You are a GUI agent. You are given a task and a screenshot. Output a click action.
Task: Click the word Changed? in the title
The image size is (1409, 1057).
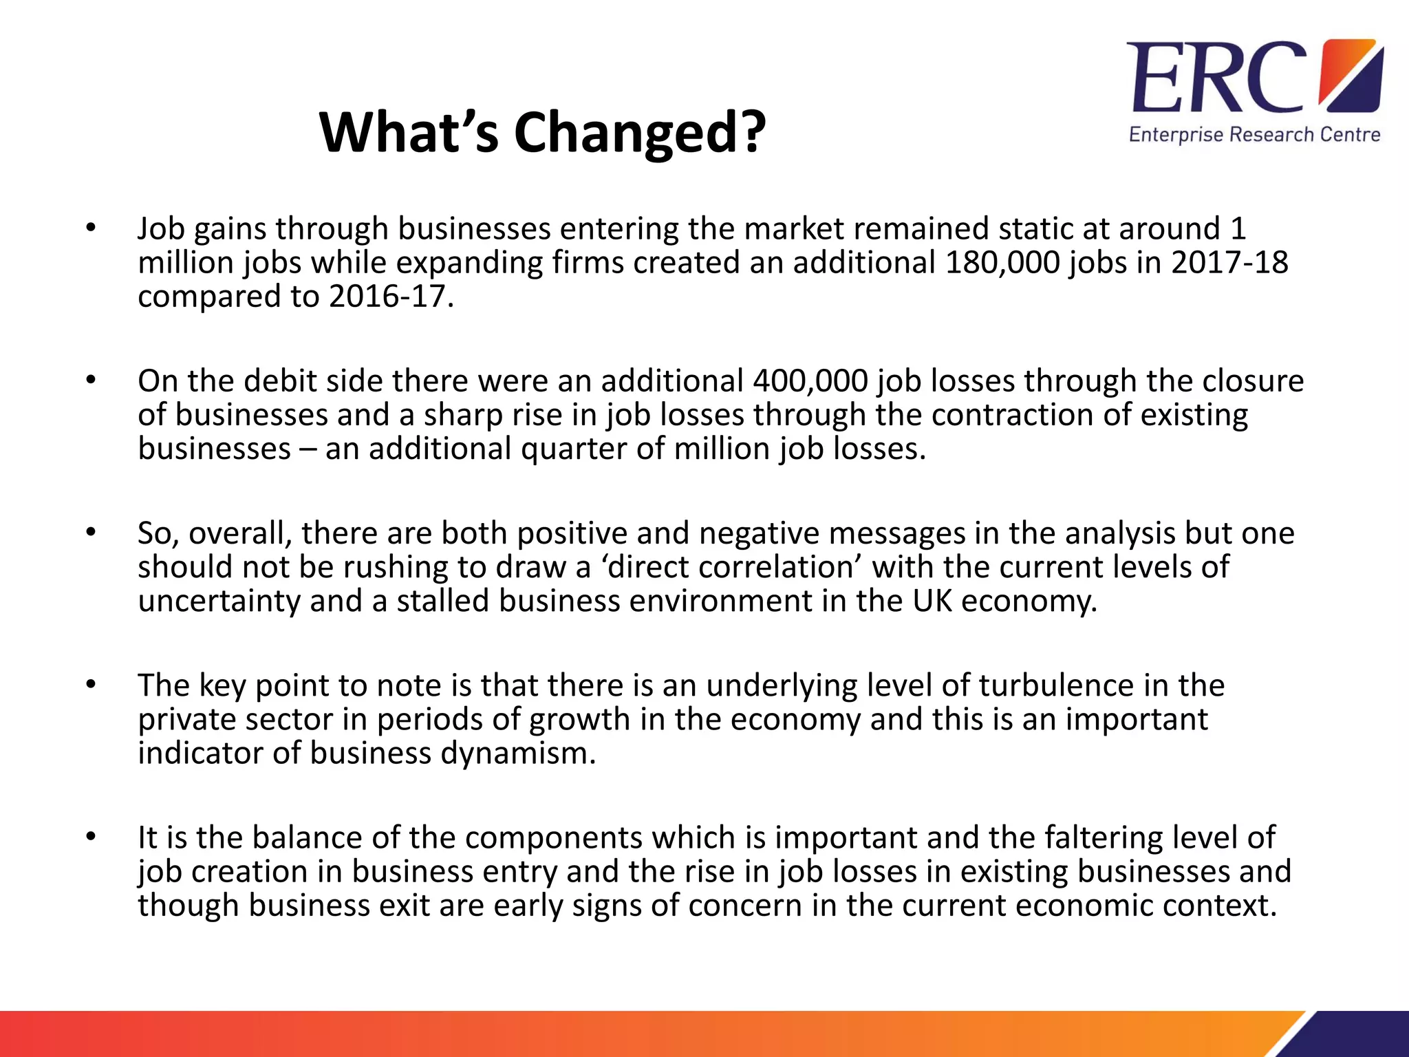(x=640, y=133)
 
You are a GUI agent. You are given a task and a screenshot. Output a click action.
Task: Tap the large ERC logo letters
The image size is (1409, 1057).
(x=1216, y=78)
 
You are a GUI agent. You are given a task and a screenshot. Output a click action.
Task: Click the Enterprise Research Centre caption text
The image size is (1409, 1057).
(x=1254, y=135)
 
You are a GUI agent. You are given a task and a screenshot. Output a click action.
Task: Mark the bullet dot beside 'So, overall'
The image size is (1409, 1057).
(x=90, y=533)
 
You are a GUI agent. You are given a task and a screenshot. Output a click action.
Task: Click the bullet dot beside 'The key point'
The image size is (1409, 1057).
(x=90, y=685)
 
